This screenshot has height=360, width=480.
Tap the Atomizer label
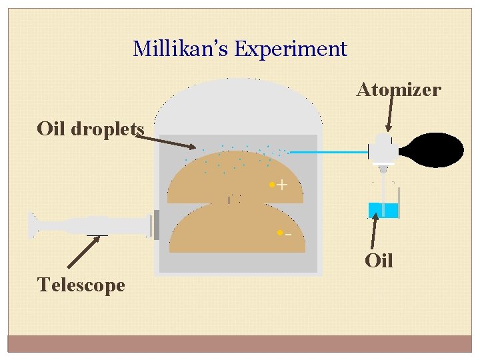tap(399, 89)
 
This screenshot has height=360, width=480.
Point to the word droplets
tap(108, 129)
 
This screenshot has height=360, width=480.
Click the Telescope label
tap(81, 285)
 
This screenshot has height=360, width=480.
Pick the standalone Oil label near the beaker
tap(379, 260)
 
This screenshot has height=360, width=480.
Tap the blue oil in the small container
tap(383, 210)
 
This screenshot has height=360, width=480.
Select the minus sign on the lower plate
tap(287, 235)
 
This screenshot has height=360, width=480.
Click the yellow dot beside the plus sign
tap(271, 184)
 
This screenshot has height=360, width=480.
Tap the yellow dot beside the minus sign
tap(279, 233)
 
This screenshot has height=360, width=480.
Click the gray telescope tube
tap(93, 226)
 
